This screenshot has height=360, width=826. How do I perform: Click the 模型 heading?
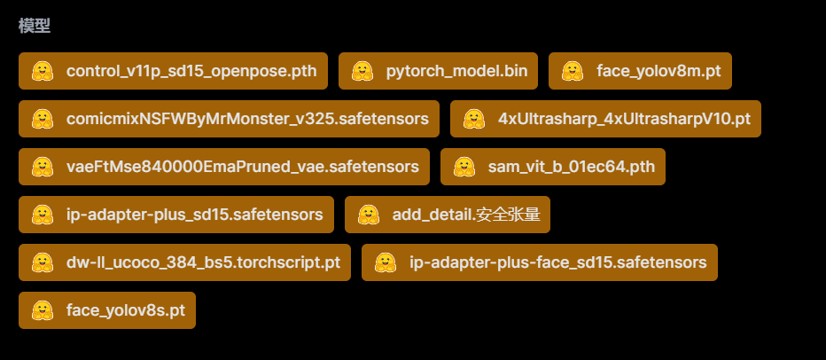[x=35, y=26]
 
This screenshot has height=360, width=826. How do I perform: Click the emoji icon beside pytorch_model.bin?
[x=362, y=71]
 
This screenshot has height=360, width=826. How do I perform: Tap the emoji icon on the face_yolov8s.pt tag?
[x=42, y=310]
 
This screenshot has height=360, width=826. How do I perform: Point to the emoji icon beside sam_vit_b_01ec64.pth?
[x=464, y=167]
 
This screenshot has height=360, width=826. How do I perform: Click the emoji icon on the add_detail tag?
[x=368, y=215]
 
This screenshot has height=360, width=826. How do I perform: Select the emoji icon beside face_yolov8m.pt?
[x=572, y=71]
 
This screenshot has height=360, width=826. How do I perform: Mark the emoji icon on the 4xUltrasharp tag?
[x=473, y=119]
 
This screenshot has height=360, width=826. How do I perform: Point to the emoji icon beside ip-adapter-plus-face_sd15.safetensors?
[x=385, y=262]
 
